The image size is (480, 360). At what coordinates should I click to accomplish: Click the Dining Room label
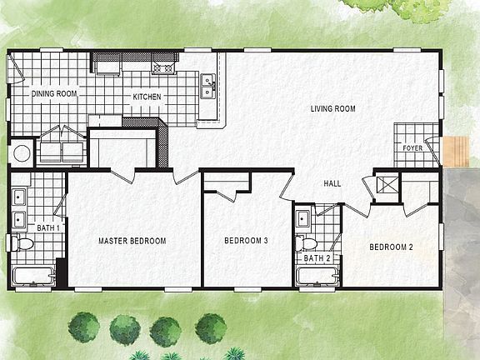(x=54, y=94)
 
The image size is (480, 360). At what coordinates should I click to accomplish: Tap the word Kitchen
(x=147, y=97)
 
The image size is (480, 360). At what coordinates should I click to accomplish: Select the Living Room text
(x=333, y=109)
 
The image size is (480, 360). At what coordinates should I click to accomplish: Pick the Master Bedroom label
(x=132, y=242)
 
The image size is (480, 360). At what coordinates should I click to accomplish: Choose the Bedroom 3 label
(x=246, y=242)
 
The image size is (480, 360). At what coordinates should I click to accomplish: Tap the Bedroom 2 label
(x=392, y=247)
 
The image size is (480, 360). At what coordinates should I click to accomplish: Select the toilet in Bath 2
(x=307, y=244)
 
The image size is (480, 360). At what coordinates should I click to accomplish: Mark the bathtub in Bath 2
(x=317, y=276)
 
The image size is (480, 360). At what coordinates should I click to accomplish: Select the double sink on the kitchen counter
(x=207, y=83)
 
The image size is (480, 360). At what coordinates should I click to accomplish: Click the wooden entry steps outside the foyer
(x=456, y=151)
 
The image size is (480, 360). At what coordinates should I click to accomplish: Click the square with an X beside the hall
(x=386, y=186)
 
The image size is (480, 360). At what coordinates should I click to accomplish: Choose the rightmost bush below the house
(x=210, y=327)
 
